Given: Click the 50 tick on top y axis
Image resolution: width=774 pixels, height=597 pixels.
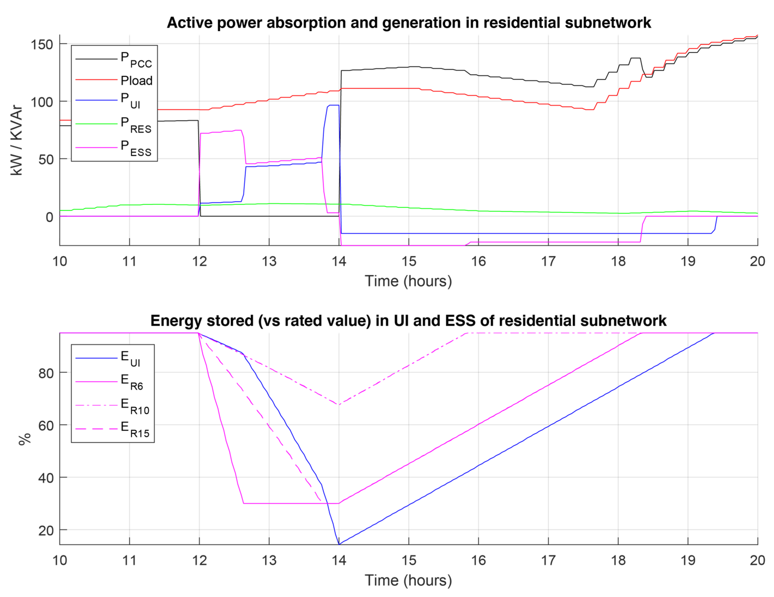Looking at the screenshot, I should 46,160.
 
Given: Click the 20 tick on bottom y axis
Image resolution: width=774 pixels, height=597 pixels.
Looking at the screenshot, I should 46,531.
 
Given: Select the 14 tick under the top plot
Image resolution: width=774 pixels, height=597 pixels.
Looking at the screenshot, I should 339,261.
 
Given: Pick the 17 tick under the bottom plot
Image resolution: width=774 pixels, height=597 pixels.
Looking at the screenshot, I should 548,560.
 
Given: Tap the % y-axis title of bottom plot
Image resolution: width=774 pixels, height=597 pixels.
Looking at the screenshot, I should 25,439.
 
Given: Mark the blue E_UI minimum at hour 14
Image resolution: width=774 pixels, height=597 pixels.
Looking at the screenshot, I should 339,544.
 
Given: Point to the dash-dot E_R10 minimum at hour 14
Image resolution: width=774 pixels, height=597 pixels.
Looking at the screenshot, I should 339,405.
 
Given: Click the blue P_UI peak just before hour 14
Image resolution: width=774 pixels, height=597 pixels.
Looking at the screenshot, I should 333,105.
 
